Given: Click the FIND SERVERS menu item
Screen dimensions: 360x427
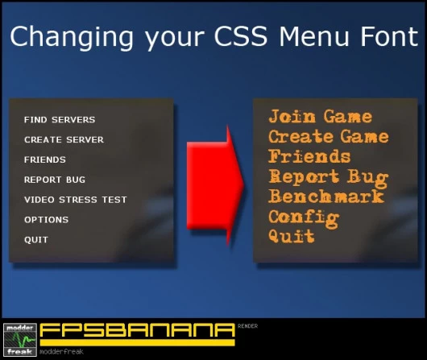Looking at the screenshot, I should click(60, 120).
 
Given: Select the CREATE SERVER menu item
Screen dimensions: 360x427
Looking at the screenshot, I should click(64, 140).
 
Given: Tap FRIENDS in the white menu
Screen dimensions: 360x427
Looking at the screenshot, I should click(45, 160).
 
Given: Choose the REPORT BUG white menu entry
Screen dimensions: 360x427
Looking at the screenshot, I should click(55, 180).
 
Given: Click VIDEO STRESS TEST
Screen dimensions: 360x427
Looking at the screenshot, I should click(76, 200).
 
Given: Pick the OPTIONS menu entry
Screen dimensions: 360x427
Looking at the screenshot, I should click(46, 220).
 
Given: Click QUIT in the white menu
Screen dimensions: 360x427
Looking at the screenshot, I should click(36, 240).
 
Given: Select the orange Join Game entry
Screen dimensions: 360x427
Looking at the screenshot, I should click(321, 118).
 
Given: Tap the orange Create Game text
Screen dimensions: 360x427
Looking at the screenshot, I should click(329, 137).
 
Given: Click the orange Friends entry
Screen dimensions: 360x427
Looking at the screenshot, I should click(310, 156).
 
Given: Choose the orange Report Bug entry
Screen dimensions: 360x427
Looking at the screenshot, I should click(329, 176).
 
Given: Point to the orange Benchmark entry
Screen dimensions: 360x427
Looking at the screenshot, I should click(326, 197).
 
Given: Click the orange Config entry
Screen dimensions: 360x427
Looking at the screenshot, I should click(304, 217).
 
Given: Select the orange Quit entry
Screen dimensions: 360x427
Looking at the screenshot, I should click(292, 236).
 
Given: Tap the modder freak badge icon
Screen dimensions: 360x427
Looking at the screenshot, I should click(19, 339).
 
